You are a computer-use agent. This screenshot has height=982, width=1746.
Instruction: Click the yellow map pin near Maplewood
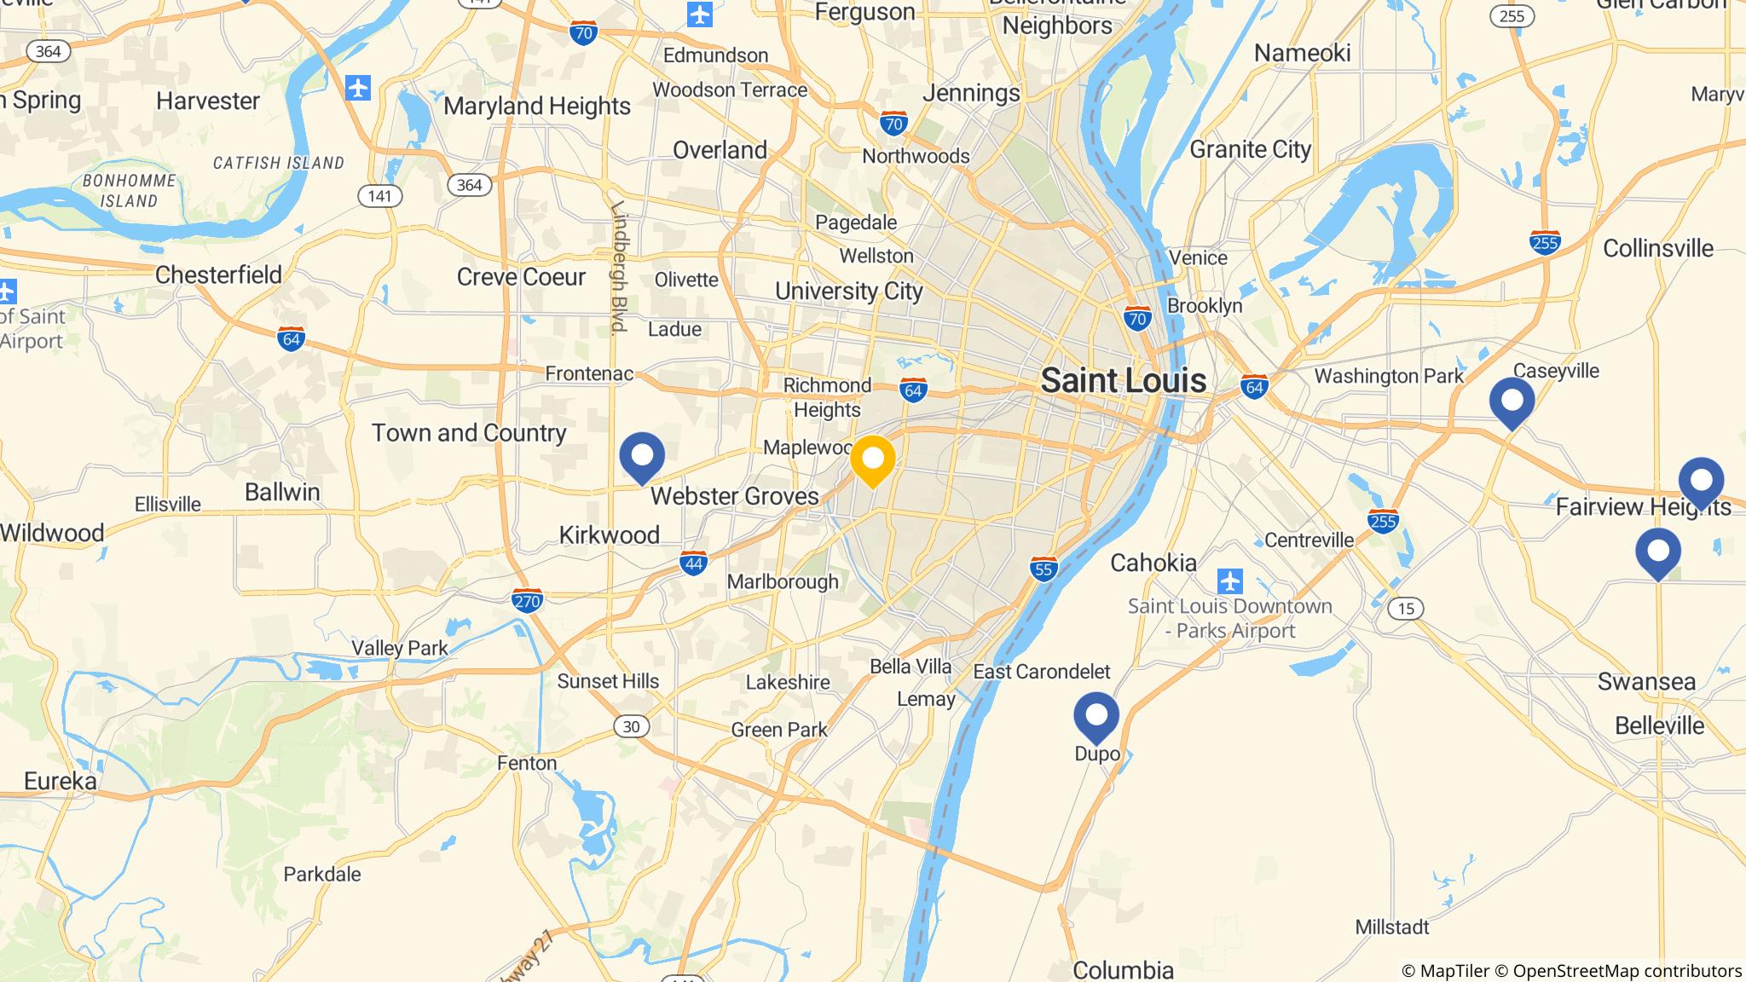(x=872, y=459)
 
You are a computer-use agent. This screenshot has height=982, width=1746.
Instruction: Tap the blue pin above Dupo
(x=1096, y=715)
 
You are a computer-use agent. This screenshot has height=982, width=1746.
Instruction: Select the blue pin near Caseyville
(x=1512, y=401)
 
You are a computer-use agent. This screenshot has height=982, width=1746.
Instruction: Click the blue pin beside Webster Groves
(x=642, y=456)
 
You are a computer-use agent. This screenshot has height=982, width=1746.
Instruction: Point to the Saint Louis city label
(x=1123, y=380)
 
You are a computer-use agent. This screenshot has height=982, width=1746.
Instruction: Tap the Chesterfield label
(x=218, y=275)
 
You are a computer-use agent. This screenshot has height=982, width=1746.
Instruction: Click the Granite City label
(x=1250, y=150)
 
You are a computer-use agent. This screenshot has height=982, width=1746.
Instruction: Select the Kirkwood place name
(x=609, y=535)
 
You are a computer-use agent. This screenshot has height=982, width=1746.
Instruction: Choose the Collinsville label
(x=1657, y=249)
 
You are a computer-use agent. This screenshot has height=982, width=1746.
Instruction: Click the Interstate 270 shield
(x=527, y=602)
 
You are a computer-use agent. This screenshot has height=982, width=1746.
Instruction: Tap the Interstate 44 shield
(x=693, y=563)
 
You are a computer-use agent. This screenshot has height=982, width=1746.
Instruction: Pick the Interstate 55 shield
(x=1044, y=569)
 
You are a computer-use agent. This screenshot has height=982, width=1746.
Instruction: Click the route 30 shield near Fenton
(x=630, y=726)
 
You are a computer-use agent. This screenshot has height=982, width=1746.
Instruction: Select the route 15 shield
(x=1405, y=609)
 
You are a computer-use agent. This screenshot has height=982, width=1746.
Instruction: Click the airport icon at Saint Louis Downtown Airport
(x=1229, y=581)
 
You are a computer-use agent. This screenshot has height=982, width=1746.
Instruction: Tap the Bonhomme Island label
(x=129, y=191)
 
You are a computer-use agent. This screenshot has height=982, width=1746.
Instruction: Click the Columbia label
(x=1123, y=970)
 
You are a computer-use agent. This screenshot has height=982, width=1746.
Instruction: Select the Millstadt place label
(x=1391, y=927)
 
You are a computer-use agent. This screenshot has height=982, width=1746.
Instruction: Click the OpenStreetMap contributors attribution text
(x=1627, y=971)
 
